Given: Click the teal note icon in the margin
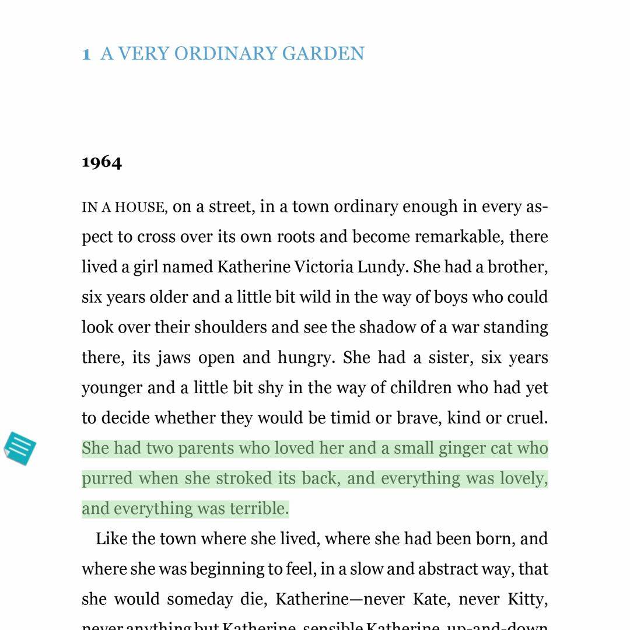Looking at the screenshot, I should coord(20,449).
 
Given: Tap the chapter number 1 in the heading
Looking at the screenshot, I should coord(86,54).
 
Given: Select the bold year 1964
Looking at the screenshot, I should coord(102,162).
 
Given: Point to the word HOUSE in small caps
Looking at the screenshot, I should coord(139,208).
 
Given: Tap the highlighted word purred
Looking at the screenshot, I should coord(107,479).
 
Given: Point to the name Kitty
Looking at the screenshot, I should coord(527,600).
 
